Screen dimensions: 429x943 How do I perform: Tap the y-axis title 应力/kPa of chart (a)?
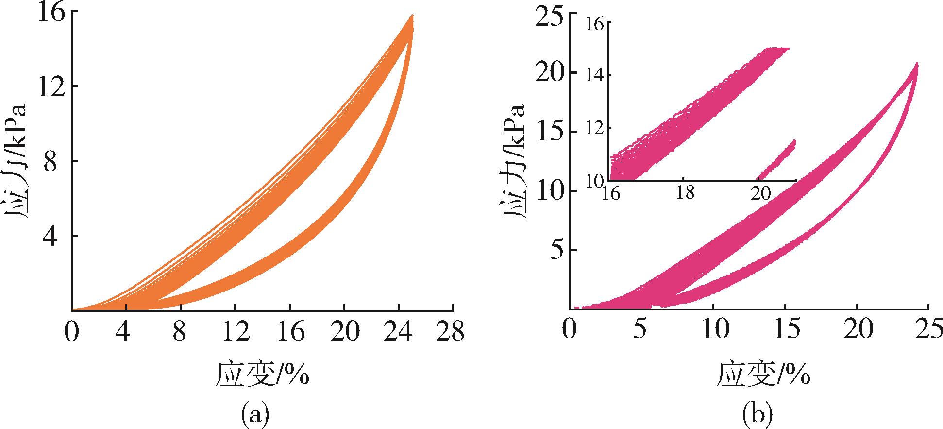tap(18, 160)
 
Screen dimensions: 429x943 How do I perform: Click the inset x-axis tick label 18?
tap(685, 193)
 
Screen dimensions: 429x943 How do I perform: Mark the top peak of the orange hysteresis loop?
tap(412, 17)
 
